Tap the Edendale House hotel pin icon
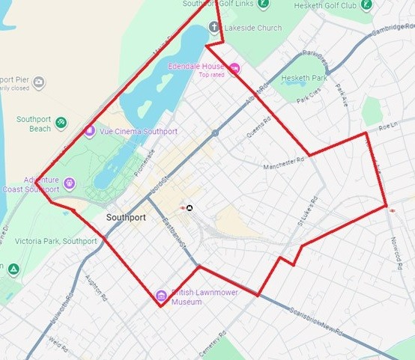tap(234, 69)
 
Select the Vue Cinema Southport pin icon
tap(90, 131)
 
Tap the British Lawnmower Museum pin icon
tap(160, 296)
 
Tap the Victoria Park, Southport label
tap(49, 241)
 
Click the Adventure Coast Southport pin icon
tap(70, 182)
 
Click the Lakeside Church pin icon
tap(213, 28)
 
